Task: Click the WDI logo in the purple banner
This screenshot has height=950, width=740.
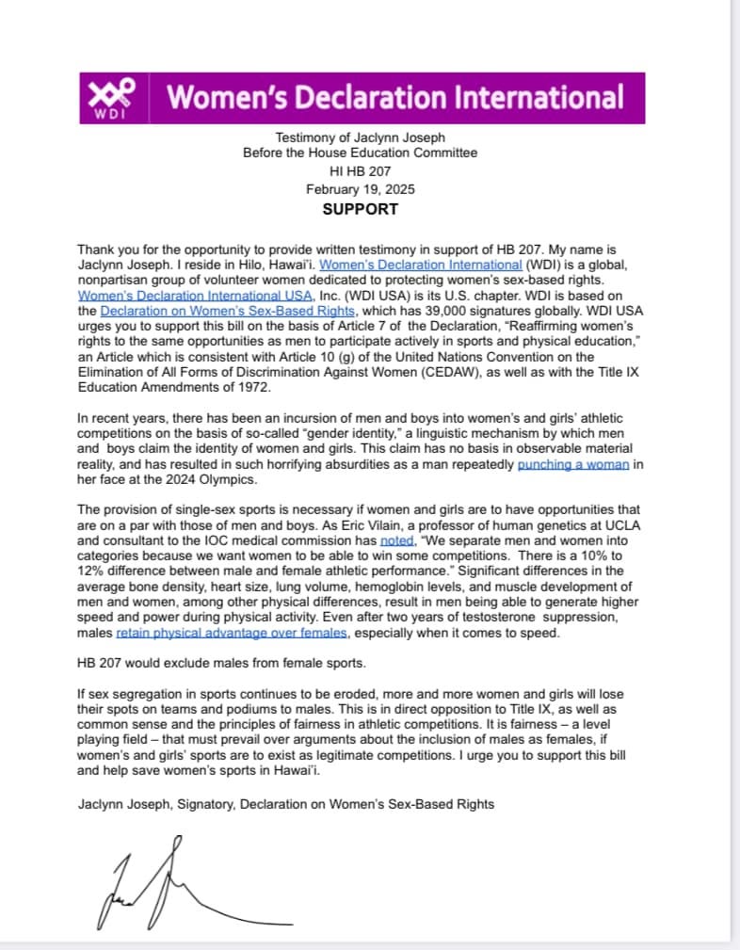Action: click(112, 98)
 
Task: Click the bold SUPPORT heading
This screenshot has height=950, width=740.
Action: click(360, 209)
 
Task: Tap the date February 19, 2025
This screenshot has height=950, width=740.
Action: click(360, 188)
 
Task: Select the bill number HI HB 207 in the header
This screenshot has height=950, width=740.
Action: click(360, 170)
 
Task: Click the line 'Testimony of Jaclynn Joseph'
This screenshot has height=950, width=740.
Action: click(360, 137)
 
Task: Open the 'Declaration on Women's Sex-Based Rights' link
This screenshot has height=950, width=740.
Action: click(228, 311)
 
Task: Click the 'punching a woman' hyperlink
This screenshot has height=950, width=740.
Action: click(572, 464)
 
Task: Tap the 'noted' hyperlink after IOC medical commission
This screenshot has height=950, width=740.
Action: click(396, 540)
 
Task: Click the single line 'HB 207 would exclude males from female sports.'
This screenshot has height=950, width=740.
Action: click(225, 663)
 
